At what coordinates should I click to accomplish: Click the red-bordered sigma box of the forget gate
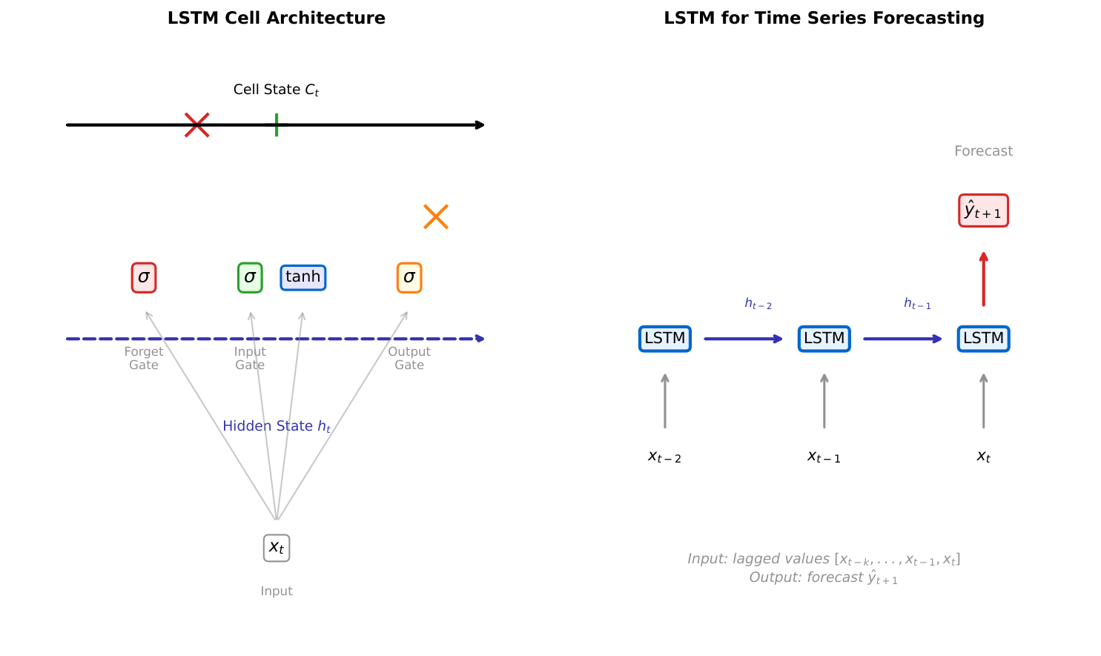tap(144, 277)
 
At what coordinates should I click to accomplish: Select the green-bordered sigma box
tap(250, 277)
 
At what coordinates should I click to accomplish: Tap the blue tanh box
tap(303, 277)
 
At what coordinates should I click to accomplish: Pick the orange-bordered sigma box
tap(409, 277)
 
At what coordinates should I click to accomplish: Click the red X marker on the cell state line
tap(197, 125)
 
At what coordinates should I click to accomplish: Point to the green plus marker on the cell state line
tap(277, 125)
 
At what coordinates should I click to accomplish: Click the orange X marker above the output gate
tap(436, 217)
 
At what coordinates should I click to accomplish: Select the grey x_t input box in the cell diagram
tap(277, 548)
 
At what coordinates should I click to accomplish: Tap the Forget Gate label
tap(144, 358)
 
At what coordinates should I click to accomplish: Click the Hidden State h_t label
tap(277, 426)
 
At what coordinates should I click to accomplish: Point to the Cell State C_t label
tap(276, 90)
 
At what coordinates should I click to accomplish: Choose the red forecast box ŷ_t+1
tap(983, 211)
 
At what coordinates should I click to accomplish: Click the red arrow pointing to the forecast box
tap(983, 279)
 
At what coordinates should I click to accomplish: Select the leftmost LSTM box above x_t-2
tap(665, 339)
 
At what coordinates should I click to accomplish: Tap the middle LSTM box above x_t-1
tap(824, 339)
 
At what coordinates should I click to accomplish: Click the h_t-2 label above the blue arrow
tap(758, 304)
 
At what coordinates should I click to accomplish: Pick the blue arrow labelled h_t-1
tap(902, 339)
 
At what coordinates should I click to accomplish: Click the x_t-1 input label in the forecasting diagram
tap(824, 457)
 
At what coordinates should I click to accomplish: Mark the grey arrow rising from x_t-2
tap(665, 401)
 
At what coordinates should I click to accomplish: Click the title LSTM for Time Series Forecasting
tap(824, 18)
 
